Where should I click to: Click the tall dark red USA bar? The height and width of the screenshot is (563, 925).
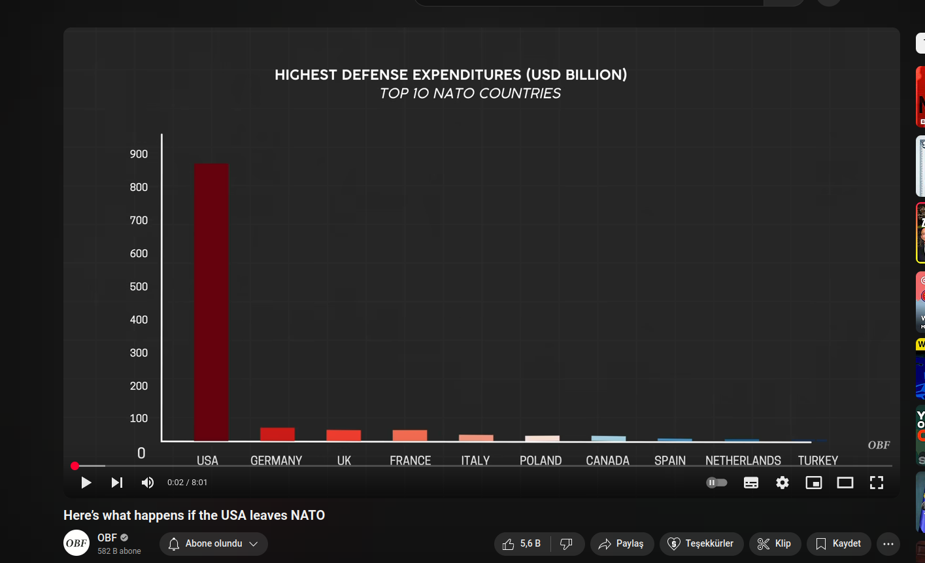tap(212, 302)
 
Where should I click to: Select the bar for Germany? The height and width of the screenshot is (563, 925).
tap(277, 434)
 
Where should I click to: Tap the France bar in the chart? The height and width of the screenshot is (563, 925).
tap(410, 435)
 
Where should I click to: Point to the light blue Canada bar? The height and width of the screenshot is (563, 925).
tap(609, 438)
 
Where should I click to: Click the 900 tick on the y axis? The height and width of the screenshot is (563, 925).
tap(139, 154)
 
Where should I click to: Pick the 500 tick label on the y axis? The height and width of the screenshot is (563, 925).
tap(139, 286)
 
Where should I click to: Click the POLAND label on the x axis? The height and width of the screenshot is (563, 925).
tap(541, 460)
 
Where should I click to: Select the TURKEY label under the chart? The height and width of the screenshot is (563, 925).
tap(818, 460)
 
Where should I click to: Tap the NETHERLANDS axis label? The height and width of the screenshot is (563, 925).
tap(743, 460)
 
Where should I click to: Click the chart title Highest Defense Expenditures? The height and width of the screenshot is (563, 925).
tap(450, 75)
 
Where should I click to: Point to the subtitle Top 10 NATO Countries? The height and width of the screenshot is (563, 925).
tap(470, 94)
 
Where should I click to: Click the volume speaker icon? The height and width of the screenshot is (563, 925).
tap(148, 483)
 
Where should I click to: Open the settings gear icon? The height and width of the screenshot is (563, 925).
tap(782, 483)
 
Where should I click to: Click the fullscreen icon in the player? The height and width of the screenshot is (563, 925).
tap(877, 483)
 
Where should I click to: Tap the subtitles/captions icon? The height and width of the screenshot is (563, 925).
tap(751, 483)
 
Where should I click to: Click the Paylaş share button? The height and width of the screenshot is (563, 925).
tap(621, 543)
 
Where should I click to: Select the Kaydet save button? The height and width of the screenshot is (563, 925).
tap(839, 543)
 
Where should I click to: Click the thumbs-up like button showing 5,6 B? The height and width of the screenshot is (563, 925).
tap(522, 543)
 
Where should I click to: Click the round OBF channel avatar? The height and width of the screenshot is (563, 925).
tap(76, 543)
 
